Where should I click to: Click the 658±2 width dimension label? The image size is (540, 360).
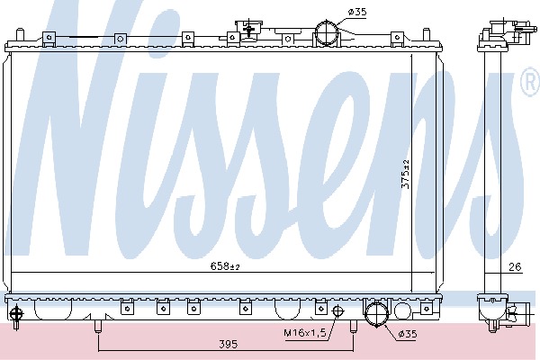(224, 266)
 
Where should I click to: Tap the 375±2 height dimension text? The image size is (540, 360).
(406, 175)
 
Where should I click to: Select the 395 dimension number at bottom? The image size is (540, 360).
(229, 344)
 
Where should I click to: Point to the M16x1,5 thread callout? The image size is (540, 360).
(305, 333)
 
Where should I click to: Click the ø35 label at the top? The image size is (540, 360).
(357, 12)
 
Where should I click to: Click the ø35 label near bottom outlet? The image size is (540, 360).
(408, 334)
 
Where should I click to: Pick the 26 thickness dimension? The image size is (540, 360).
(515, 266)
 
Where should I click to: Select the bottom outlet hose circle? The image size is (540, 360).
(376, 314)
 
